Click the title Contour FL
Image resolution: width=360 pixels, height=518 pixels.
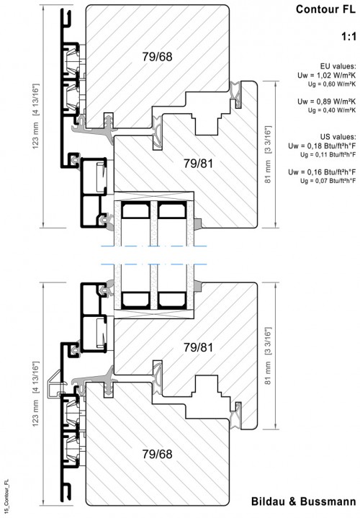click(325, 9)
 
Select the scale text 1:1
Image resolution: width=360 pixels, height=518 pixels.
click(348, 37)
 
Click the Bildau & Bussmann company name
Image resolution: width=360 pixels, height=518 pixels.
click(304, 501)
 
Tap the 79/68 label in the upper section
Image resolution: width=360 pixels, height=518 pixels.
click(157, 57)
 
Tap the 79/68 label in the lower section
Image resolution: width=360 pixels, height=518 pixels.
click(157, 455)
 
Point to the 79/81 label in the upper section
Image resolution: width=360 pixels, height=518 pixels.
click(198, 164)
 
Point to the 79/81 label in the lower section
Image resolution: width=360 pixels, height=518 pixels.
click(198, 347)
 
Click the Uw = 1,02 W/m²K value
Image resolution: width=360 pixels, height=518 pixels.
click(326, 76)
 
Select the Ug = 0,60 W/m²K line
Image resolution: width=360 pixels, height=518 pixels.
click(332, 84)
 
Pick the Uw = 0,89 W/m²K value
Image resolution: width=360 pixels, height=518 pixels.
click(326, 102)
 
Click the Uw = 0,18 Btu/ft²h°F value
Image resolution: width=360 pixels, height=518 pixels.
click(322, 146)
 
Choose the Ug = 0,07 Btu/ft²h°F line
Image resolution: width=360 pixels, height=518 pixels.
click(328, 181)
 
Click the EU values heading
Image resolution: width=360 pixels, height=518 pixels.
click(338, 66)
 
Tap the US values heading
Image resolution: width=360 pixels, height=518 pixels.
click(338, 136)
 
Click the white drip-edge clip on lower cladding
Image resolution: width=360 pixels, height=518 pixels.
click(53, 385)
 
